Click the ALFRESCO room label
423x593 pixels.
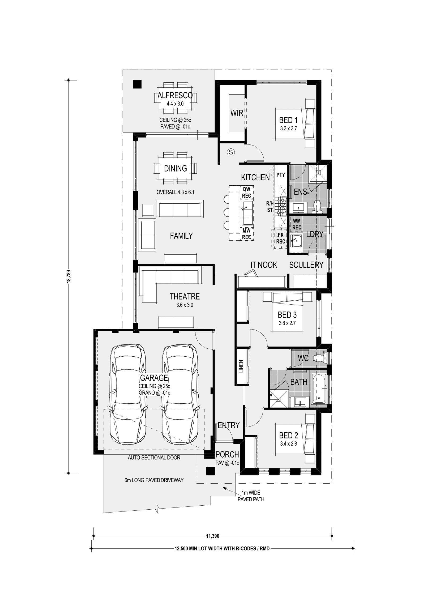pos(175,95)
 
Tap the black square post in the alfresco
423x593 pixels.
pos(137,84)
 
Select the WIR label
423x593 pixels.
pos(237,113)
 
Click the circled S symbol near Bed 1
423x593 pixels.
pos(231,152)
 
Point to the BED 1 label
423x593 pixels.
pos(288,120)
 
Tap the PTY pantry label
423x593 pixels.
pos(281,175)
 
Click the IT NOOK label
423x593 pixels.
pos(264,265)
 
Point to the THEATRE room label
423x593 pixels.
pos(185,296)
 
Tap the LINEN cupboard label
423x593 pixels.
pos(241,367)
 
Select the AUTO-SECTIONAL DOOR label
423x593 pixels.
pos(154,458)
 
